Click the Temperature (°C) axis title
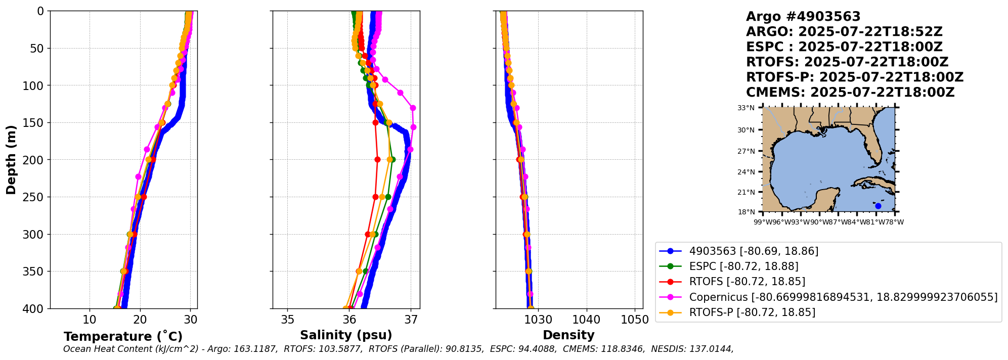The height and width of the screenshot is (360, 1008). tap(123, 337)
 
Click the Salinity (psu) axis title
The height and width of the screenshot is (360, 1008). tap(346, 335)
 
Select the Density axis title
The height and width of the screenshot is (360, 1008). tap(568, 335)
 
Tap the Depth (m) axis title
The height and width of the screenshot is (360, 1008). tap(11, 160)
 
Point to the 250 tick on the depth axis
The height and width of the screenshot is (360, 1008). tap(37, 197)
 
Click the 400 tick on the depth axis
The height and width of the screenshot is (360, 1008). tap(37, 308)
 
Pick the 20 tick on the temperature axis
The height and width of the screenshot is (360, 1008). tap(140, 320)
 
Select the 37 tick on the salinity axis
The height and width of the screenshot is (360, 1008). tap(411, 320)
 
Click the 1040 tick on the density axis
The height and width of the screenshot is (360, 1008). tap(586, 320)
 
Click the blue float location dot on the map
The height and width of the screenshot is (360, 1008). tap(878, 206)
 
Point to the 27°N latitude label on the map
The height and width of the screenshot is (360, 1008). tap(746, 151)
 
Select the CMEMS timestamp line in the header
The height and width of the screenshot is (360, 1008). tap(850, 93)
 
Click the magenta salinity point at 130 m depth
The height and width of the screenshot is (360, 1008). tap(413, 108)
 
